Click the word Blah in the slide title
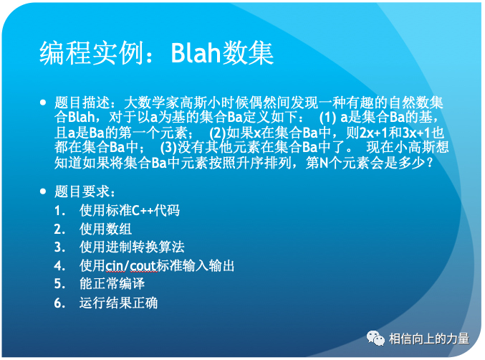point(196,52)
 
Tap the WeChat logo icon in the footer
point(375,338)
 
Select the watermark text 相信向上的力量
point(429,338)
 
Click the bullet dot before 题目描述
point(43,103)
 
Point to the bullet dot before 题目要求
point(43,191)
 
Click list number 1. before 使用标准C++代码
point(59,211)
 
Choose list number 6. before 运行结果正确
point(59,303)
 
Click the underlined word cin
point(114,266)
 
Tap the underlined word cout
point(143,266)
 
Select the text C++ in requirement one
point(143,211)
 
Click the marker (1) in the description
point(327,118)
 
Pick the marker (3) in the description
point(168,147)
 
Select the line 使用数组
point(105,229)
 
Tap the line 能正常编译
point(112,284)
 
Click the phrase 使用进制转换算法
point(132,247)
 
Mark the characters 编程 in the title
point(64,53)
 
